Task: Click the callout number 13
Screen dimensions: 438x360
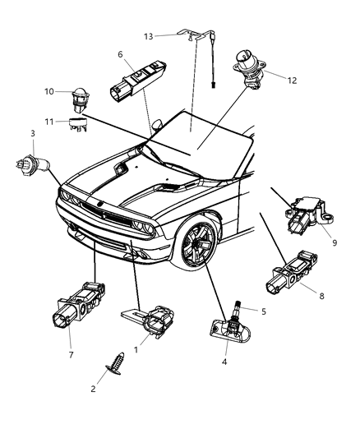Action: [148, 36]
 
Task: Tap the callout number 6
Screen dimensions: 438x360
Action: [120, 54]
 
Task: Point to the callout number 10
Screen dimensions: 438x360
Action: [48, 90]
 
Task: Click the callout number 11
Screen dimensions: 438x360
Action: [49, 121]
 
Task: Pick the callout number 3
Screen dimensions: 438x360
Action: [32, 133]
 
